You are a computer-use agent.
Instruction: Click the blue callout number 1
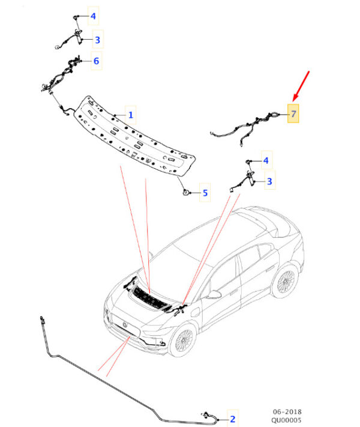click(x=131, y=115)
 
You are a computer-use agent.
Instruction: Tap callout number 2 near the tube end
click(x=232, y=419)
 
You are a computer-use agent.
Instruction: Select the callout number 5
click(x=205, y=193)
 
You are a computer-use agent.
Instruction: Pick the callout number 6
click(x=96, y=61)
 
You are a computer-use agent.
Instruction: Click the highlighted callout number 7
click(x=293, y=114)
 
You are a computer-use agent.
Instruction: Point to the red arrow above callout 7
click(x=301, y=86)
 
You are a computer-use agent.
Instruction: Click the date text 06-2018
click(x=287, y=411)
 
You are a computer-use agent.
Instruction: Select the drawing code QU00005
click(x=286, y=420)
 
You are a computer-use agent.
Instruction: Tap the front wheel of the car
click(x=182, y=340)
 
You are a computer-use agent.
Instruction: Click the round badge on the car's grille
click(x=125, y=324)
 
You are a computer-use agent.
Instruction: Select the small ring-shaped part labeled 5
click(x=186, y=193)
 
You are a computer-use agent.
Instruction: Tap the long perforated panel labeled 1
click(x=134, y=135)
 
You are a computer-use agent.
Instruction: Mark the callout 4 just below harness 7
click(x=266, y=160)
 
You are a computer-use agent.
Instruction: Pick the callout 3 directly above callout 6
click(x=97, y=40)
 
